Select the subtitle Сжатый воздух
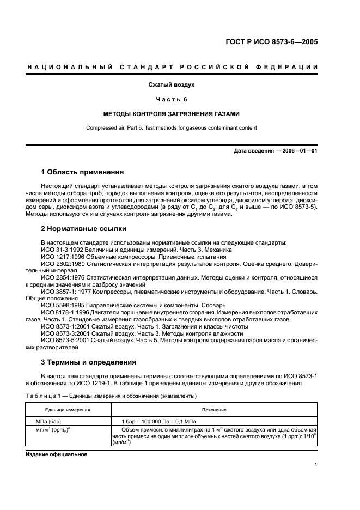click(x=172, y=84)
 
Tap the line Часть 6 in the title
click(x=172, y=99)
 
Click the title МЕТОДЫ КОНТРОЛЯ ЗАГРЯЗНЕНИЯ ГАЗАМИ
click(x=172, y=114)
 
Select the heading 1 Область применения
click(x=82, y=172)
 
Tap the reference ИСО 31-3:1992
click(x=62, y=249)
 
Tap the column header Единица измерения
click(x=68, y=410)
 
